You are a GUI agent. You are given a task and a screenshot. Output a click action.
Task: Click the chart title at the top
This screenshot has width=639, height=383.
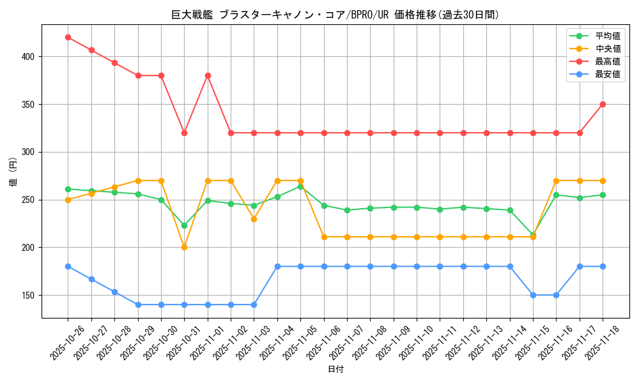click(335, 15)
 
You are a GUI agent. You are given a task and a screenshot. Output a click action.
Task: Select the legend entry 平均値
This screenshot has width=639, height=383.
click(608, 36)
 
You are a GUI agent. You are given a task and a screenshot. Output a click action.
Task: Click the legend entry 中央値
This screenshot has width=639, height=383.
click(608, 49)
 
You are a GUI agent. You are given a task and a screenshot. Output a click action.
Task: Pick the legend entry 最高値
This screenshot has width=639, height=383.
click(608, 61)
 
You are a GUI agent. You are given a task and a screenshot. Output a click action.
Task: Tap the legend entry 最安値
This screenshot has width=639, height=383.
click(608, 74)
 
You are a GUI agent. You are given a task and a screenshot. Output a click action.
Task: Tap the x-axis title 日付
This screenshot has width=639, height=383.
click(335, 370)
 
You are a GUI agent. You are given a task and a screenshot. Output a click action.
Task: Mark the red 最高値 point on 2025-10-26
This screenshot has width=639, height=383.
click(68, 37)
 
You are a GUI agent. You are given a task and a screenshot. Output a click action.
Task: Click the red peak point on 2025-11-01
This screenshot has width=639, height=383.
click(208, 75)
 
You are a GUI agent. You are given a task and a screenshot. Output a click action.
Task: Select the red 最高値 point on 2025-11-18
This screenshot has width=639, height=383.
click(603, 104)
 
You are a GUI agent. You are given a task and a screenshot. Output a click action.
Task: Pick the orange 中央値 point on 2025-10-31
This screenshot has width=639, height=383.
click(184, 247)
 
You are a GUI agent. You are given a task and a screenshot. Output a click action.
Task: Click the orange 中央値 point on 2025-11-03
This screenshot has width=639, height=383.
click(254, 219)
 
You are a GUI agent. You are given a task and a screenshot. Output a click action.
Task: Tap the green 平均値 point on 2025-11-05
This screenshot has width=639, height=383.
click(300, 186)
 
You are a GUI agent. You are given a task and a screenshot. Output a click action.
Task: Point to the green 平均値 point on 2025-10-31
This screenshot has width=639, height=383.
click(184, 225)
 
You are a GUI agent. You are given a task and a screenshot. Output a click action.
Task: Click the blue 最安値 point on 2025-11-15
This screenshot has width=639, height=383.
click(533, 295)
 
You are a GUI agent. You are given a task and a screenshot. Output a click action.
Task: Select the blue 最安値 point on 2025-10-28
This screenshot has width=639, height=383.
click(114, 292)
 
